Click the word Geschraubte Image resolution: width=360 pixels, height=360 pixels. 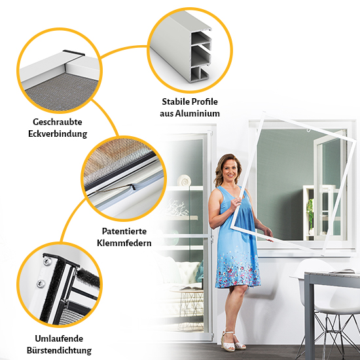tap(58, 122)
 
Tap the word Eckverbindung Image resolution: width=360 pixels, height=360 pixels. tap(58, 134)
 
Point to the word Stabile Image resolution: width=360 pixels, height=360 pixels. tap(176, 101)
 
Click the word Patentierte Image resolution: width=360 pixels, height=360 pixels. tap(124, 231)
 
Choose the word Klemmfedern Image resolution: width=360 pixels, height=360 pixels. tap(124, 243)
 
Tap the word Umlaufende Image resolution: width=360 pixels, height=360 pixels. tap(59, 338)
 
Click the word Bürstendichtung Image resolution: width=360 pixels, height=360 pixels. tap(59, 350)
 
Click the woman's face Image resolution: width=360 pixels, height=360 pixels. tap(230, 170)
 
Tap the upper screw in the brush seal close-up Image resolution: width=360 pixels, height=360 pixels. tap(47, 261)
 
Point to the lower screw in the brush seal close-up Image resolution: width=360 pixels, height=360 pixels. tap(41, 284)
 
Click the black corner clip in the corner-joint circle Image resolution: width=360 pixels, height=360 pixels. tap(74, 53)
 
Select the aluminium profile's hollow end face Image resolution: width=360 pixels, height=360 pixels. tap(201, 56)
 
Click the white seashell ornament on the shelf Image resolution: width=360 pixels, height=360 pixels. tap(184, 181)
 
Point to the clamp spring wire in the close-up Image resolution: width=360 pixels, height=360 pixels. tap(115, 188)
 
